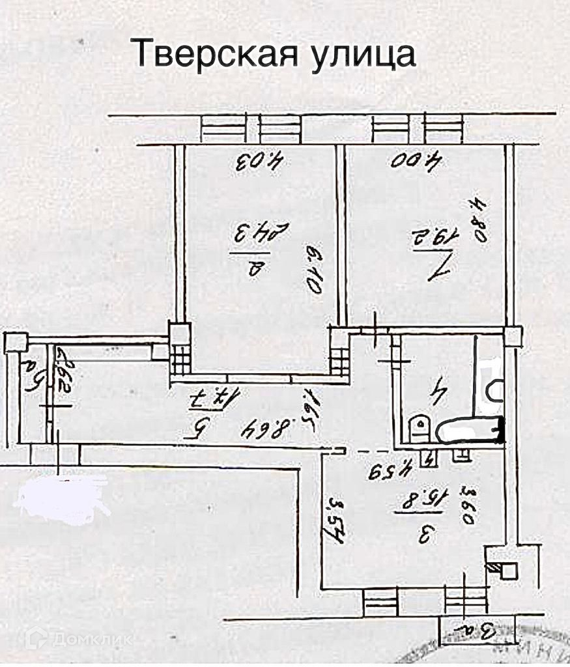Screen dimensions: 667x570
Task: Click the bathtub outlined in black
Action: coord(469,430)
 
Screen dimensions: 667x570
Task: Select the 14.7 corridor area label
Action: coord(191,396)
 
